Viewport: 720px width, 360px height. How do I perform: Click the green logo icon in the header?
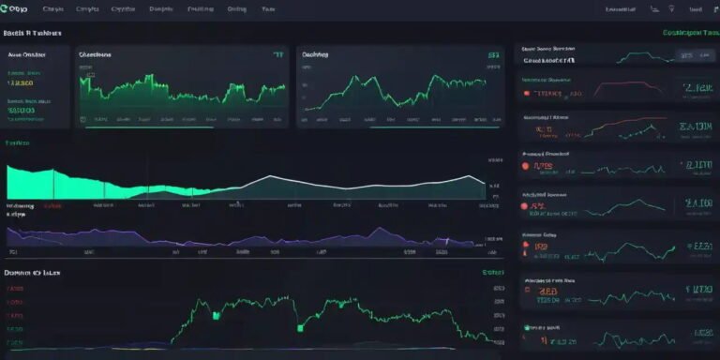click(x=6, y=7)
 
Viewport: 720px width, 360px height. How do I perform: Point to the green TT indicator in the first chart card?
click(x=277, y=55)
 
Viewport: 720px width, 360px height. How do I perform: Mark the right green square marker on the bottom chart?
click(x=301, y=328)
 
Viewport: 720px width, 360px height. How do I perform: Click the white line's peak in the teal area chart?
click(x=272, y=175)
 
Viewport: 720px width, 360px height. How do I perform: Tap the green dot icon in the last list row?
click(x=527, y=328)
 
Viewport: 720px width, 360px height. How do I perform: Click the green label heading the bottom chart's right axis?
click(x=492, y=272)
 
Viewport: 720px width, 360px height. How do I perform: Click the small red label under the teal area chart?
click(x=53, y=204)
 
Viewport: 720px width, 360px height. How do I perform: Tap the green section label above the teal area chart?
click(x=17, y=143)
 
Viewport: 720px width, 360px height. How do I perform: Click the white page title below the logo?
click(x=33, y=32)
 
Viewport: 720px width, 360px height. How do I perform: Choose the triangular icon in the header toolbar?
click(x=669, y=8)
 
